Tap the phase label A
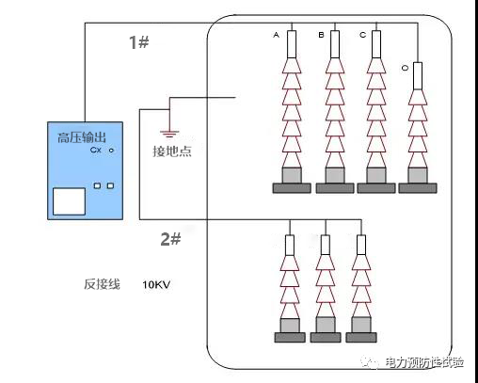[x=277, y=35]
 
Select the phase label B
[x=320, y=35]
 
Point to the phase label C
[x=362, y=35]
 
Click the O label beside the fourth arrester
[x=404, y=68]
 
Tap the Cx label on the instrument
[x=95, y=150]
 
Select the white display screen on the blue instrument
[x=68, y=201]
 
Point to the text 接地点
[x=171, y=152]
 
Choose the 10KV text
[x=156, y=283]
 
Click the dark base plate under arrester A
[x=293, y=188]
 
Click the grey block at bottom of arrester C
[x=377, y=175]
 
